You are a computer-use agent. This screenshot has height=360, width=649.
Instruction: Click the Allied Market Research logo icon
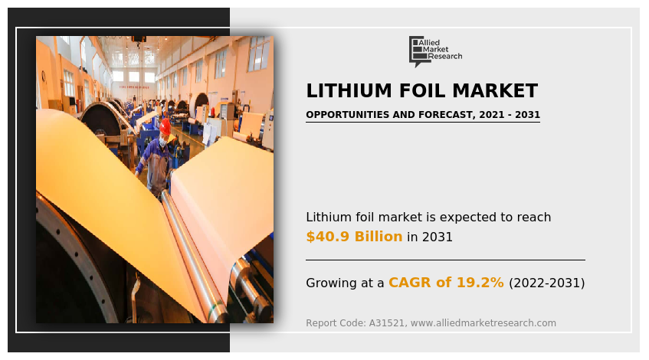coord(418,50)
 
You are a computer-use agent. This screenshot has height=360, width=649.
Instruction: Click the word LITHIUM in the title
coord(343,91)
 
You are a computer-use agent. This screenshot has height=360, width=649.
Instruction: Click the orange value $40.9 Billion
coord(354,237)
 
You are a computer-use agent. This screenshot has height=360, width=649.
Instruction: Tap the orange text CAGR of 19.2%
coord(446,283)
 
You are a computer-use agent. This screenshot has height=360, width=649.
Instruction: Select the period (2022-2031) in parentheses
coord(546,283)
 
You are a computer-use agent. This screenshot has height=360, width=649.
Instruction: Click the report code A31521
coord(387,323)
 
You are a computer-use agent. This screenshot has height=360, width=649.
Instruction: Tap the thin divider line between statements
coord(445,260)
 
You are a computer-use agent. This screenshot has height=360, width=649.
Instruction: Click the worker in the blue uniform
coord(157,157)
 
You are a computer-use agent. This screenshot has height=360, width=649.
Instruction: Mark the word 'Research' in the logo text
coord(445,57)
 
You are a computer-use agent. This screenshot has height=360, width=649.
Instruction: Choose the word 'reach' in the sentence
coord(533,218)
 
